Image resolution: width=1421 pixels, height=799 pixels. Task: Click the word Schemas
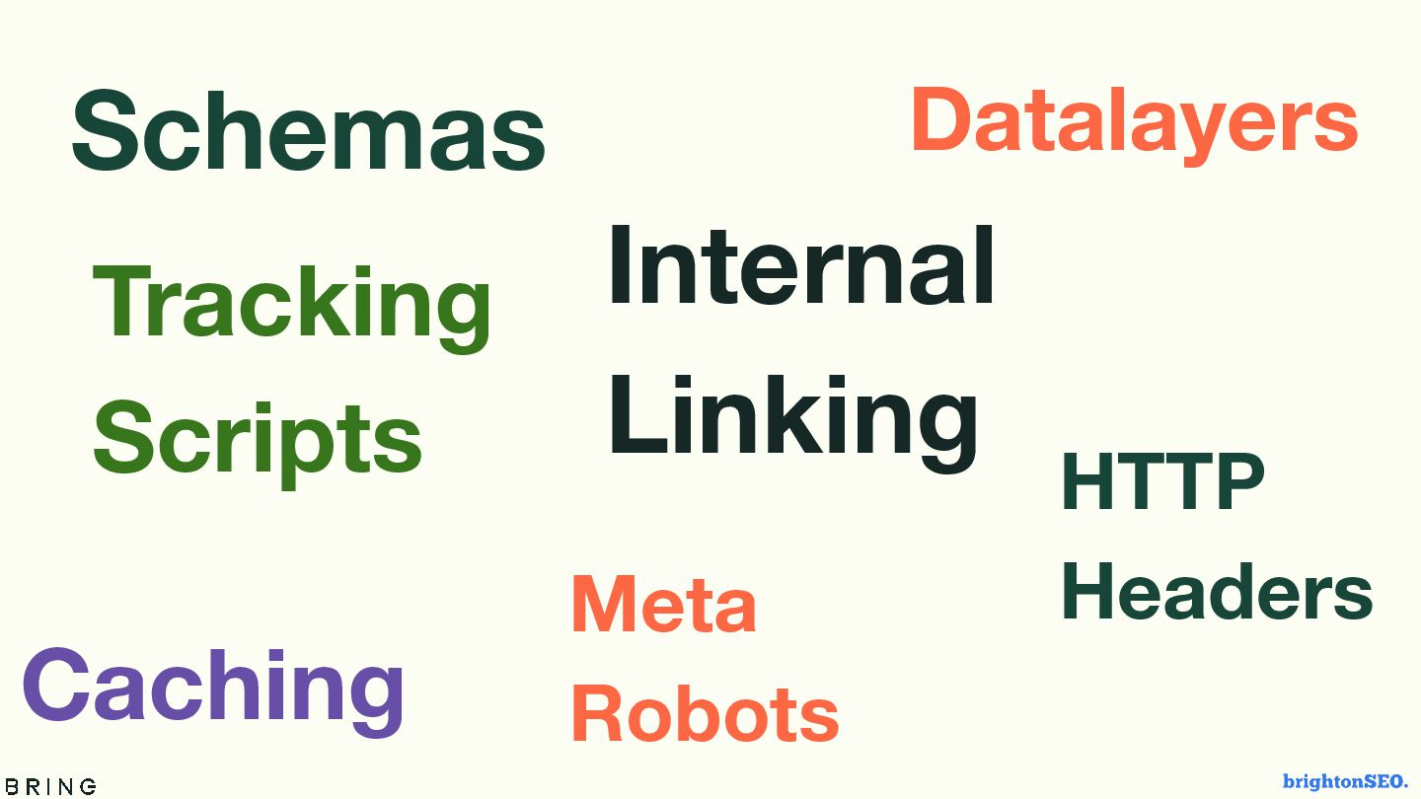pyautogui.click(x=308, y=131)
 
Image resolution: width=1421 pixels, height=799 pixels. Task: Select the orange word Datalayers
pyautogui.click(x=1134, y=121)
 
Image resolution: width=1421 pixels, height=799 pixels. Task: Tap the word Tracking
pyautogui.click(x=292, y=304)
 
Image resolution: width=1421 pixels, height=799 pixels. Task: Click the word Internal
pyautogui.click(x=801, y=267)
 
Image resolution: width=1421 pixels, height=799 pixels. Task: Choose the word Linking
pyautogui.click(x=793, y=417)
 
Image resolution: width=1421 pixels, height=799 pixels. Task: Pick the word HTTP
pyautogui.click(x=1162, y=482)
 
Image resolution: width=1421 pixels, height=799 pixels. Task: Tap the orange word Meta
pyautogui.click(x=664, y=605)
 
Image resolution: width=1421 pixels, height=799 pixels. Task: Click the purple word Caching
pyautogui.click(x=213, y=688)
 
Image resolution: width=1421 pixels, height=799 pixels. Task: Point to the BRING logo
pyautogui.click(x=50, y=786)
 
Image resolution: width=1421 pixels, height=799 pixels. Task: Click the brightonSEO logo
pyautogui.click(x=1345, y=781)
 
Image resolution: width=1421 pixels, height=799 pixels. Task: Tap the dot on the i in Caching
pyautogui.click(x=281, y=658)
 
